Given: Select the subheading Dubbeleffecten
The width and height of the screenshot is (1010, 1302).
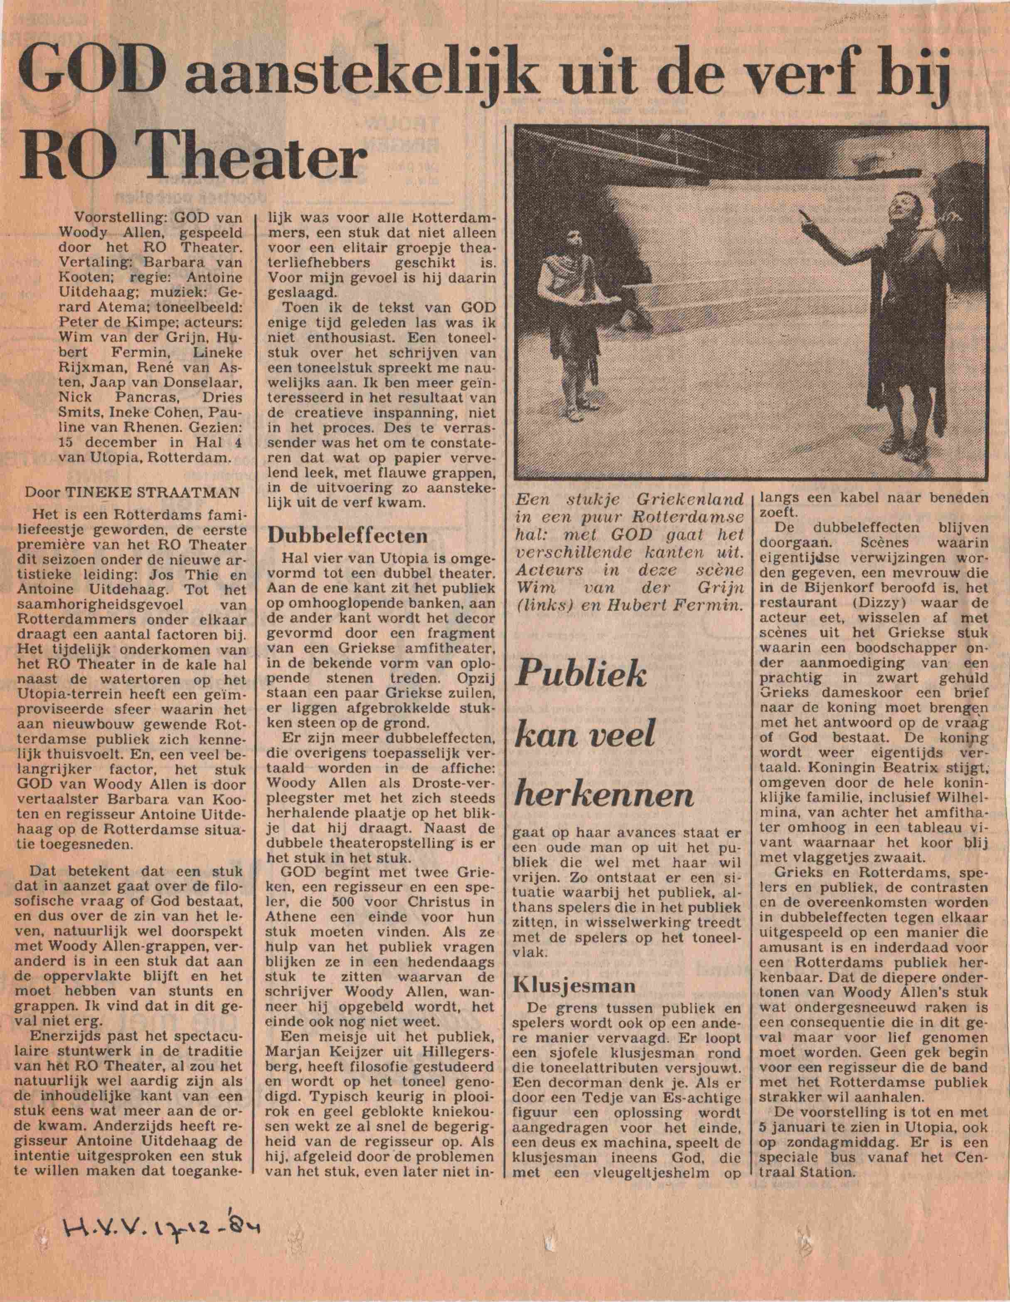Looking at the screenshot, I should pyautogui.click(x=347, y=535).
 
